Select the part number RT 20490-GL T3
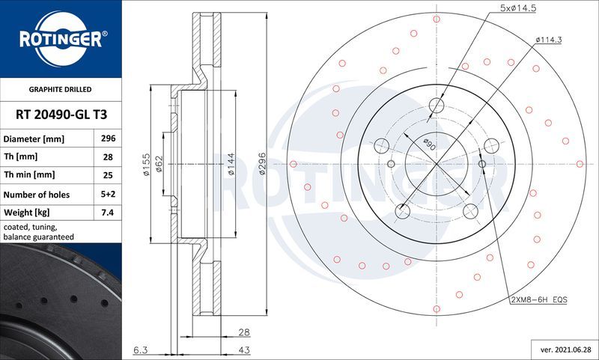click(x=60, y=115)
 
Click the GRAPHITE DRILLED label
click(x=59, y=89)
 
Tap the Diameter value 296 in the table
click(x=107, y=139)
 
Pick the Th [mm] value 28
click(x=107, y=157)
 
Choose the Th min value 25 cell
click(x=107, y=175)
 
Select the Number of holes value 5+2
click(x=107, y=194)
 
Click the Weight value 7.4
click(x=107, y=213)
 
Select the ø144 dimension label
click(x=232, y=164)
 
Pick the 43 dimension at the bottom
click(x=245, y=350)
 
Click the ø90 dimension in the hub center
click(x=429, y=144)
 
